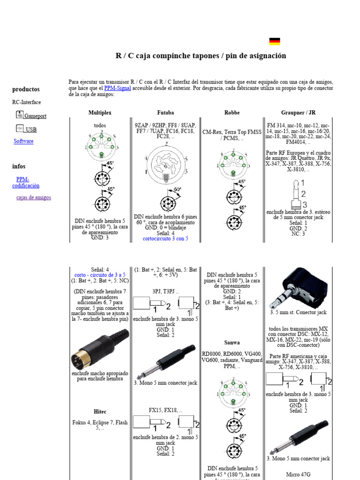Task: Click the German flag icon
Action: [275, 42]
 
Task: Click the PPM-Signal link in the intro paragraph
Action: [117, 88]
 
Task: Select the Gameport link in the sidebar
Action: [35, 116]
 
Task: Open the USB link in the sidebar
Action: [31, 130]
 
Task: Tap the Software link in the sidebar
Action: [23, 141]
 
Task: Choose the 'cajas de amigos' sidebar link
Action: [34, 197]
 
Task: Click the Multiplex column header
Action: [100, 113]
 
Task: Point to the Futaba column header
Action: [165, 113]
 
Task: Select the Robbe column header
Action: [232, 113]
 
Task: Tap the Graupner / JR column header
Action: [298, 113]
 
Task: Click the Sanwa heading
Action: [232, 343]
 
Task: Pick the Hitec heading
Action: [100, 412]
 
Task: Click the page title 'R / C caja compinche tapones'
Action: [201, 56]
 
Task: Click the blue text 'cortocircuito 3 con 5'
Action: [165, 238]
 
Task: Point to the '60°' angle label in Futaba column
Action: [178, 190]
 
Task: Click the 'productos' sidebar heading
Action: [26, 89]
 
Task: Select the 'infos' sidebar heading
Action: [19, 166]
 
